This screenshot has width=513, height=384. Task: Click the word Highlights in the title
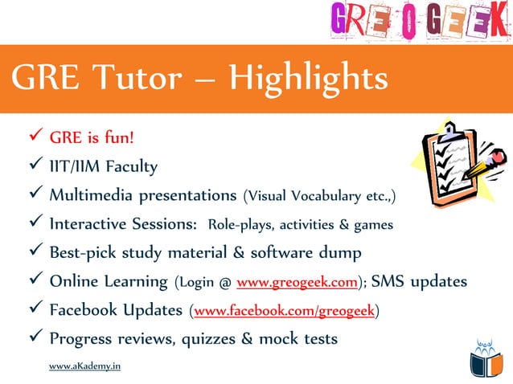click(x=308, y=80)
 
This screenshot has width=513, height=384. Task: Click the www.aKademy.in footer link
click(x=84, y=366)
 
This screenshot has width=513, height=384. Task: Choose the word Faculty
click(x=129, y=166)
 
